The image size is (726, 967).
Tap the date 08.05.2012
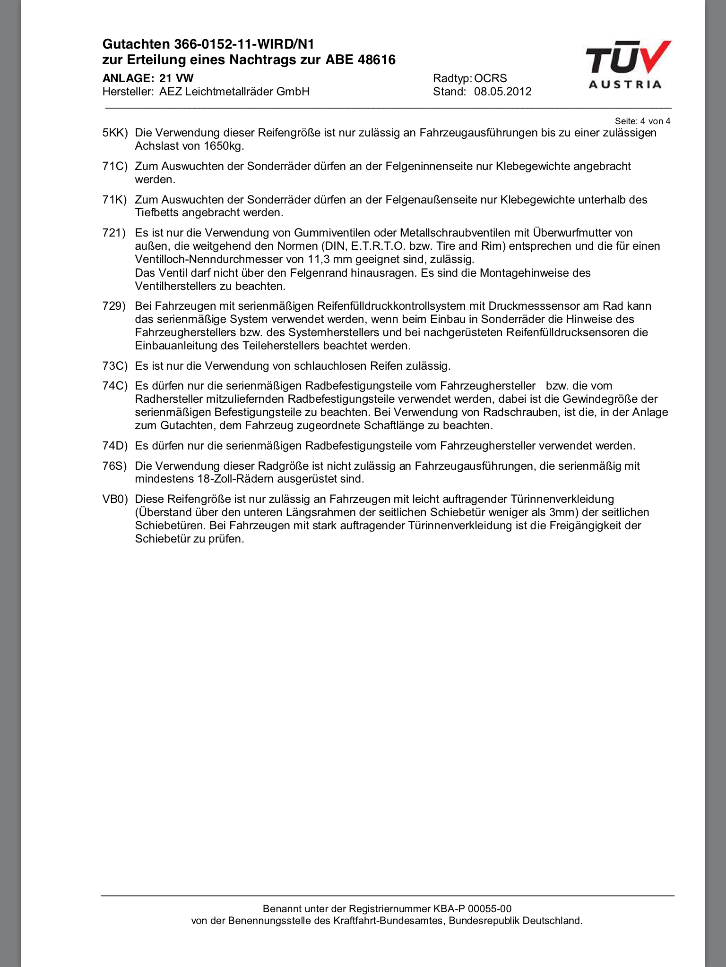pyautogui.click(x=503, y=92)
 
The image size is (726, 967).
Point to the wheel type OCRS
pyautogui.click(x=491, y=78)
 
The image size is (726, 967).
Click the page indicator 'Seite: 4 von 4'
pyautogui.click(x=642, y=121)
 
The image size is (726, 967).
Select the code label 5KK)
pyautogui.click(x=115, y=133)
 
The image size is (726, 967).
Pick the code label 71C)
pyautogui.click(x=115, y=166)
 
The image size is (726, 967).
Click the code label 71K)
pyautogui.click(x=115, y=200)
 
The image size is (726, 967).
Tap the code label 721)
pyautogui.click(x=114, y=233)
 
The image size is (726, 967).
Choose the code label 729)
pyautogui.click(x=114, y=306)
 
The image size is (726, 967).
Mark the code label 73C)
pyautogui.click(x=115, y=366)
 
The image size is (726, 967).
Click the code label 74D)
pyautogui.click(x=115, y=446)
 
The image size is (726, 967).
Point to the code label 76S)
pyautogui.click(x=115, y=466)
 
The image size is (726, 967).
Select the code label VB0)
pyautogui.click(x=115, y=499)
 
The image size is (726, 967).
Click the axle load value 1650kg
pyautogui.click(x=224, y=146)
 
